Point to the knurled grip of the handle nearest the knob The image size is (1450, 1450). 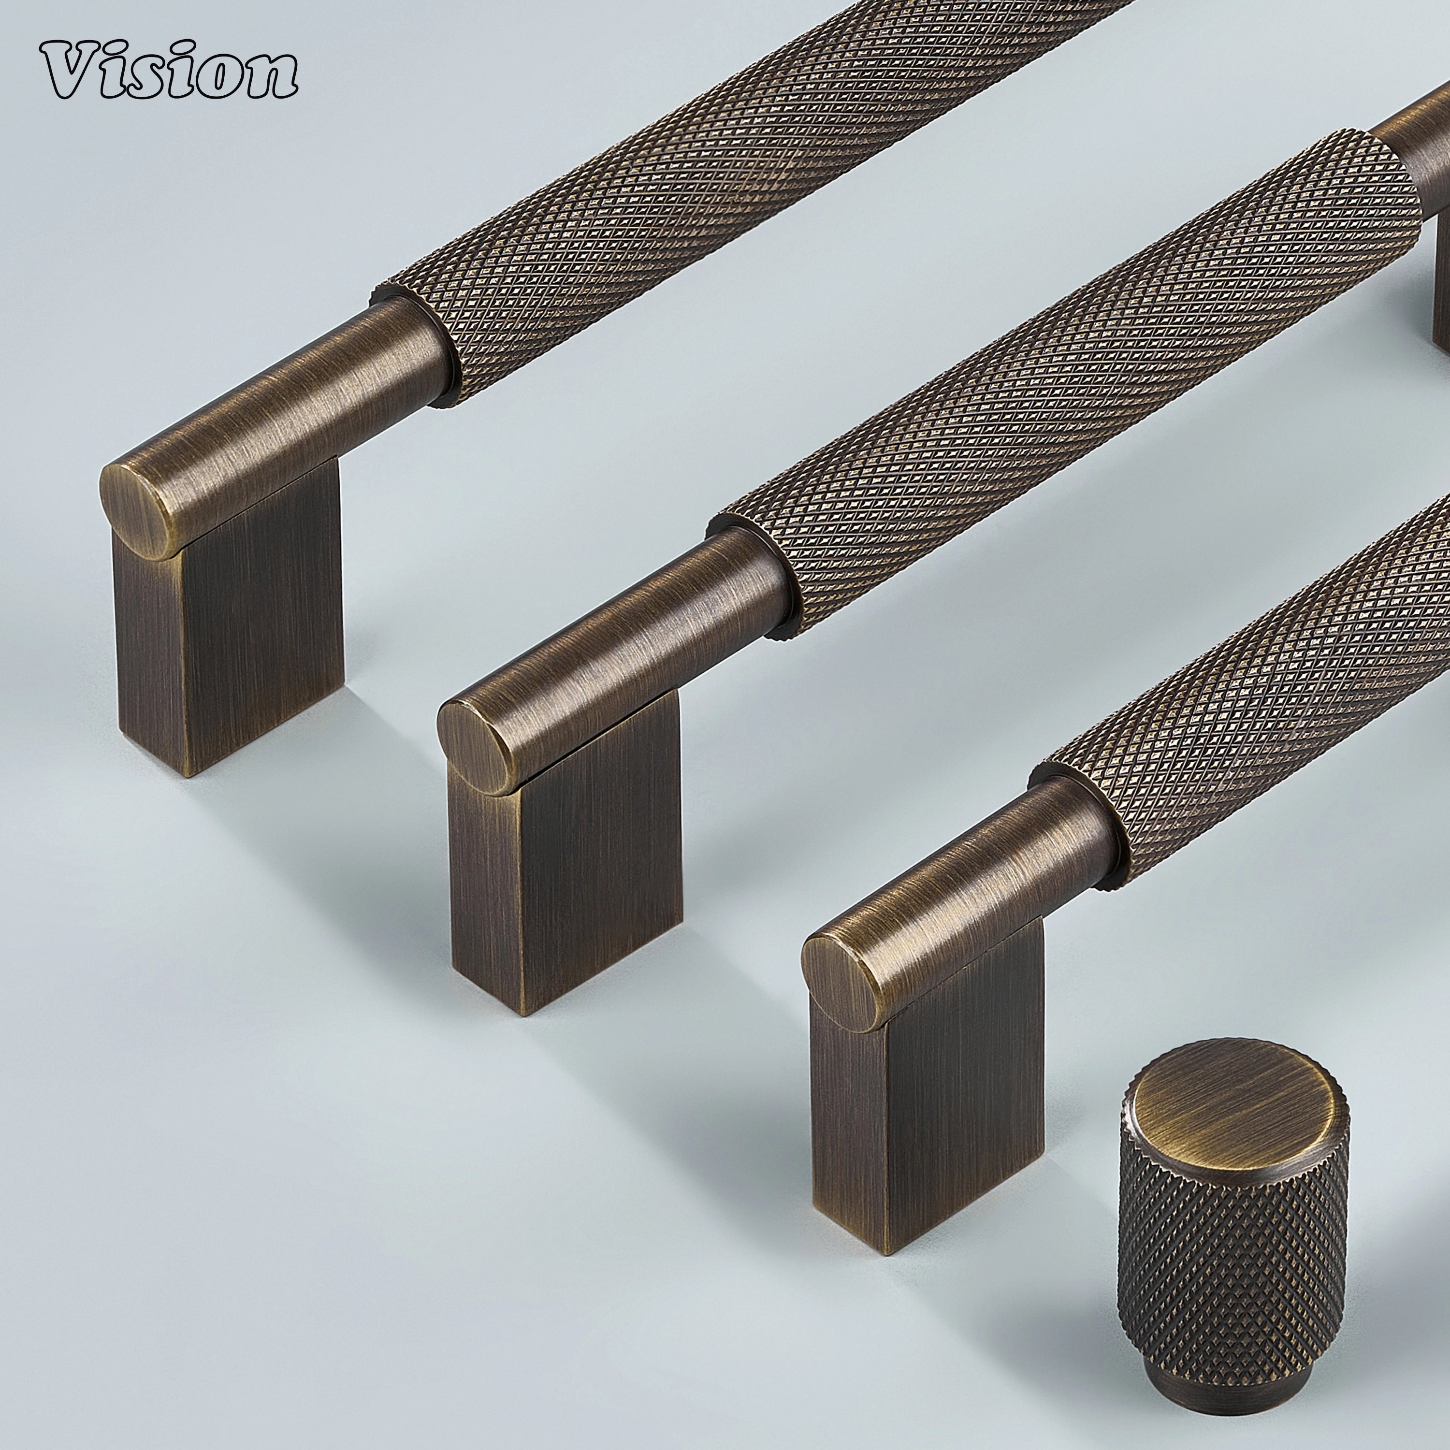(x=1276, y=676)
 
